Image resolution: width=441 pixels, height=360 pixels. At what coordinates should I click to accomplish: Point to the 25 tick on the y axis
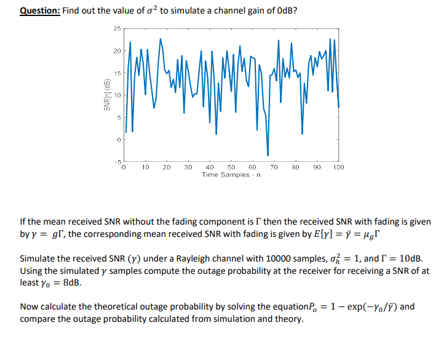coord(117,28)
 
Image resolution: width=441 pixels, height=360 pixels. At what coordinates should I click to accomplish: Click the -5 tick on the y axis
coord(117,161)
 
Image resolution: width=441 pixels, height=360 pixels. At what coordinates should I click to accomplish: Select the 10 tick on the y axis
coord(117,95)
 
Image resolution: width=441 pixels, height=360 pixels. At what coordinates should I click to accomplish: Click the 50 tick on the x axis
coord(231,167)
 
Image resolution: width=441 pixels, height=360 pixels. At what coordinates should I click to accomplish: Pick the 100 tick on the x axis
coord(338,167)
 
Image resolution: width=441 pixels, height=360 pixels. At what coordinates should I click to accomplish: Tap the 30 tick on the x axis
coord(188,167)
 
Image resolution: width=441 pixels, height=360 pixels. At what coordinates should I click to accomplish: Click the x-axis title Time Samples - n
coord(231,175)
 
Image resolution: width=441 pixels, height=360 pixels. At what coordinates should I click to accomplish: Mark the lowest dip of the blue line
coord(268,154)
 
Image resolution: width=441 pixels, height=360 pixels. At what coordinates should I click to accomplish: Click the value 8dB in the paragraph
coord(71,284)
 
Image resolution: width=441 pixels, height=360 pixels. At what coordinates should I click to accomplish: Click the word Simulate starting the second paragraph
coord(37,260)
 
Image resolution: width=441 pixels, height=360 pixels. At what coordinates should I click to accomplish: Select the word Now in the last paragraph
coord(28,307)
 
